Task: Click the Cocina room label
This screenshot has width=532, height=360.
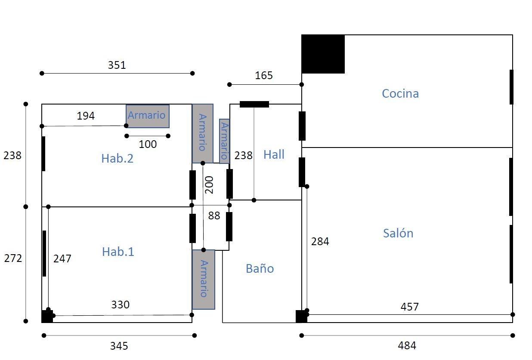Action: pos(400,93)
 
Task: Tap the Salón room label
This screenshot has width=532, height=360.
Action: pos(398,233)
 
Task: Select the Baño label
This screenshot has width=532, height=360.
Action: pos(260,268)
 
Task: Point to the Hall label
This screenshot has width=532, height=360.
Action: pos(274,154)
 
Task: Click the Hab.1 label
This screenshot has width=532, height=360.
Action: pos(118,252)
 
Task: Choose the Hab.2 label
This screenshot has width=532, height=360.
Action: pos(118,158)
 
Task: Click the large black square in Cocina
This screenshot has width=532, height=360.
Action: pos(323,54)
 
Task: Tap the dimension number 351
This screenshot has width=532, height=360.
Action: pos(117,65)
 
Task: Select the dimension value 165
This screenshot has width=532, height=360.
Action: pos(263,75)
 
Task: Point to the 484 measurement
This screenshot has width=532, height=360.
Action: pos(407,345)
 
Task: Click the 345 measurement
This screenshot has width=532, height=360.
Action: pos(119,346)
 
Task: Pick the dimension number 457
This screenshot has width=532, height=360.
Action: pos(409,307)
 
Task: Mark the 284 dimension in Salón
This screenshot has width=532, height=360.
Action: pos(320,242)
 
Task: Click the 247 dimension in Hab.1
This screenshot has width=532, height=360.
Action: pos(62,258)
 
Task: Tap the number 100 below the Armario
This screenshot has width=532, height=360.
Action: pos(148,144)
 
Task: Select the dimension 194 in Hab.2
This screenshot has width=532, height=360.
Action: pos(86,116)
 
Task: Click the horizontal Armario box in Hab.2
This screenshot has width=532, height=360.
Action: pos(148,116)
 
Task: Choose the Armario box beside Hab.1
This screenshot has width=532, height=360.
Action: pos(204,280)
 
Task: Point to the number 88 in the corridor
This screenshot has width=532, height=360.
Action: pos(214,216)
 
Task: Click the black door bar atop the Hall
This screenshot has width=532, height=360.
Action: pos(254,104)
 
